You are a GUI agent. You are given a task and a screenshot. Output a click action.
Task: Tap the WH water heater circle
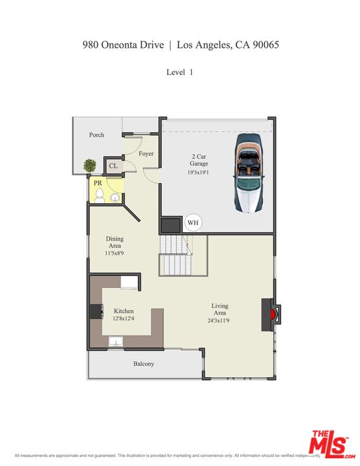(193, 223)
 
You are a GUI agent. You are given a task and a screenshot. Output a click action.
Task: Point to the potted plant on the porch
(89, 166)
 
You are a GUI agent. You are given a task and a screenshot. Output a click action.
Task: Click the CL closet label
(113, 166)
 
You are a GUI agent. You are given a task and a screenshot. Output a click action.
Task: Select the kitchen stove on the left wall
(96, 311)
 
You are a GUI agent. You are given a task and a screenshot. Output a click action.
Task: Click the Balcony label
(144, 364)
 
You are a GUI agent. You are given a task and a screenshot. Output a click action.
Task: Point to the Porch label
(96, 135)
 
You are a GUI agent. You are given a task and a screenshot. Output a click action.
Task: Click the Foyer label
(146, 153)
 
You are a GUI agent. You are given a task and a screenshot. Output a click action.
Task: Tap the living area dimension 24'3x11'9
(219, 321)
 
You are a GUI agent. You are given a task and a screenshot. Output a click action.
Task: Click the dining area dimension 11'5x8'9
(115, 254)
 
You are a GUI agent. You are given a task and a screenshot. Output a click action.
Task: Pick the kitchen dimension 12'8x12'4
(124, 318)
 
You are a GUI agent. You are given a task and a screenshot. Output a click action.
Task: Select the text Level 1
(179, 72)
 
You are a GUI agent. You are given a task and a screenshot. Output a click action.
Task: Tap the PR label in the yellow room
(98, 183)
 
